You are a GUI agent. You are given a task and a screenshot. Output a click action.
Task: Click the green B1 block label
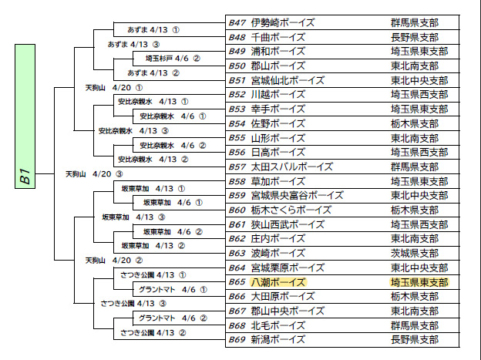pos(25,116)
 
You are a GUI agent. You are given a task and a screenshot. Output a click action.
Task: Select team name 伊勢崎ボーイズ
pos(283,22)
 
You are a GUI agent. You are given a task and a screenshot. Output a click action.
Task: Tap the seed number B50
pos(237,66)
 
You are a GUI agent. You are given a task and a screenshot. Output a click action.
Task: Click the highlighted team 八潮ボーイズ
pos(278,282)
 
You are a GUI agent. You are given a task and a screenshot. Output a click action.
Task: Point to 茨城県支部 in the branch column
pos(415,253)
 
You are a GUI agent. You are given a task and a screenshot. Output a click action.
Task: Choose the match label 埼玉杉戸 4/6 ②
pos(173,59)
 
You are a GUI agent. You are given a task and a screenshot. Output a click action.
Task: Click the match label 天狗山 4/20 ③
pos(94,174)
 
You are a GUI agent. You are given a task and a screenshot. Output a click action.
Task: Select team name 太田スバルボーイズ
pos(291,167)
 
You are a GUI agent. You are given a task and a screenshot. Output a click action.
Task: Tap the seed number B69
pos(237,340)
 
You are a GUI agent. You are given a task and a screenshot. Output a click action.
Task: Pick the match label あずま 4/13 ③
pos(133,45)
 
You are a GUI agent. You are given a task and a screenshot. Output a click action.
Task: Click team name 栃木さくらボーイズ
pos(291,210)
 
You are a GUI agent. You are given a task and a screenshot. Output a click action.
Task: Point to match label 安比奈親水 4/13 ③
pos(133,131)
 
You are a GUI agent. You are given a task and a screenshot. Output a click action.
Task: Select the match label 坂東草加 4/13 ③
pos(133,217)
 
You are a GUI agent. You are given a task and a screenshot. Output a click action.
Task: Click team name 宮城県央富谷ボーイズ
pos(297,196)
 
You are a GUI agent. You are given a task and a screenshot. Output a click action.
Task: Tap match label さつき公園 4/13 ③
pos(133,304)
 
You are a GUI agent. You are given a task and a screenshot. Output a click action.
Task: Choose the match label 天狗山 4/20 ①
pos(114,88)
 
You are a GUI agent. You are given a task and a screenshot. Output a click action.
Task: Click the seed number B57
pos(237,167)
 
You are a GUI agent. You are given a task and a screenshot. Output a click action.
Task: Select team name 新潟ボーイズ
pos(278,340)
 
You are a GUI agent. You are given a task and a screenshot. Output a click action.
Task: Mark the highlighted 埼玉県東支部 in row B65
pos(419,282)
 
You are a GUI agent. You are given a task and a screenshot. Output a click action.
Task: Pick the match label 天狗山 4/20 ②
pos(114,261)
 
